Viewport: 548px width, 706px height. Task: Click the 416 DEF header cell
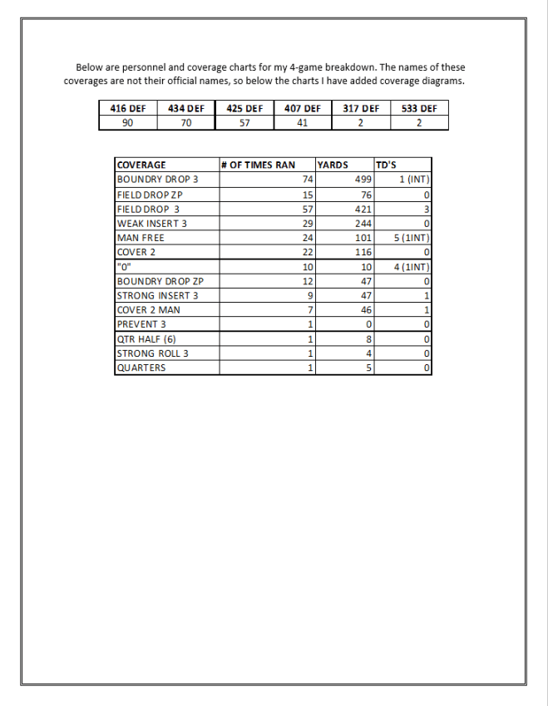pyautogui.click(x=127, y=108)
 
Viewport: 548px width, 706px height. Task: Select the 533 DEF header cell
pyautogui.click(x=419, y=108)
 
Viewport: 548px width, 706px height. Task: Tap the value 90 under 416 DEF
pyautogui.click(x=127, y=122)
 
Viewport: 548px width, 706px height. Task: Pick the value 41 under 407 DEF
pyautogui.click(x=303, y=122)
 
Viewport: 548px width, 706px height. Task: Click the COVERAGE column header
pyautogui.click(x=141, y=165)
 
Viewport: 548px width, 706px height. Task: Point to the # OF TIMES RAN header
pyautogui.click(x=258, y=165)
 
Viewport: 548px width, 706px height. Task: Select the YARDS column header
pyautogui.click(x=333, y=165)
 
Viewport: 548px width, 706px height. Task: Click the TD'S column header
pyautogui.click(x=386, y=165)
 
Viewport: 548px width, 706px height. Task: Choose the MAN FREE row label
pyautogui.click(x=141, y=238)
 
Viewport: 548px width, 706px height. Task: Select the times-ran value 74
pyautogui.click(x=307, y=179)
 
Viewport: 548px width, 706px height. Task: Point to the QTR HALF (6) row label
pyautogui.click(x=146, y=338)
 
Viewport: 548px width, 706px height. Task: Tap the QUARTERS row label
pyautogui.click(x=141, y=368)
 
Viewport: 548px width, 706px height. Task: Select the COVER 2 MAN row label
pyautogui.click(x=149, y=309)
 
